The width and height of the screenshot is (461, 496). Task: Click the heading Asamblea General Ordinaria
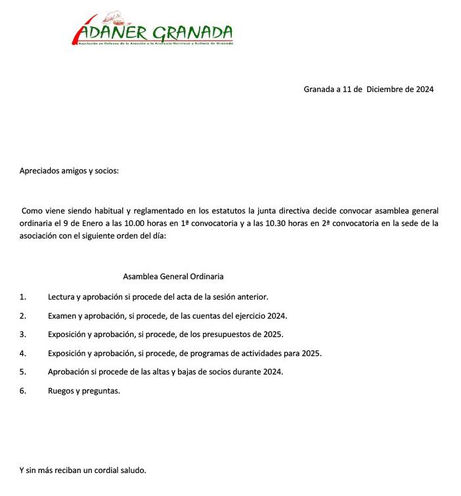point(173,277)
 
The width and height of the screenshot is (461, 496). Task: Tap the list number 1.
point(23,297)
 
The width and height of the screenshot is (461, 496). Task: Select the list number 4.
point(23,353)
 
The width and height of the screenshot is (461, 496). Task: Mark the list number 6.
point(23,390)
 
